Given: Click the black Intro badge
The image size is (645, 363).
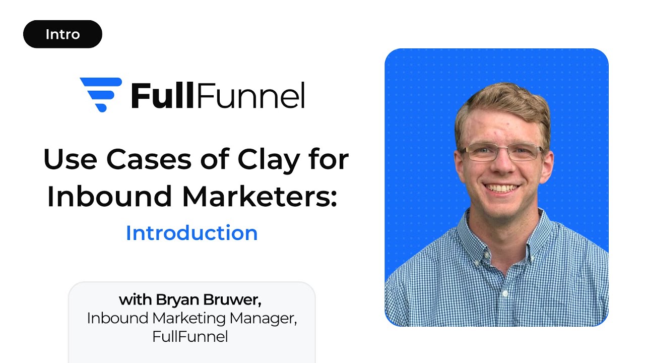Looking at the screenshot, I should point(62,34).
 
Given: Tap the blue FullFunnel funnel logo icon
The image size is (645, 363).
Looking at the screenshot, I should point(101,94).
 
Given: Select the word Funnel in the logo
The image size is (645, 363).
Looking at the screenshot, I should point(250,95).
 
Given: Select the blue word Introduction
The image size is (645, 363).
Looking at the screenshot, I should point(191,233).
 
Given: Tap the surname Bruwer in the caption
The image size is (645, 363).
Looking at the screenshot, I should point(233,299).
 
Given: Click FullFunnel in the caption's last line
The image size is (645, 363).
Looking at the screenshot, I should point(190,336).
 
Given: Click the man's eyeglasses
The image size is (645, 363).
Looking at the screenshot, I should point(501,152).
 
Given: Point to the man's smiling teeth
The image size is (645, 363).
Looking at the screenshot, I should point(501,188).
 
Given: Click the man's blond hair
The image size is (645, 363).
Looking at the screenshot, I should point(501,103).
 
